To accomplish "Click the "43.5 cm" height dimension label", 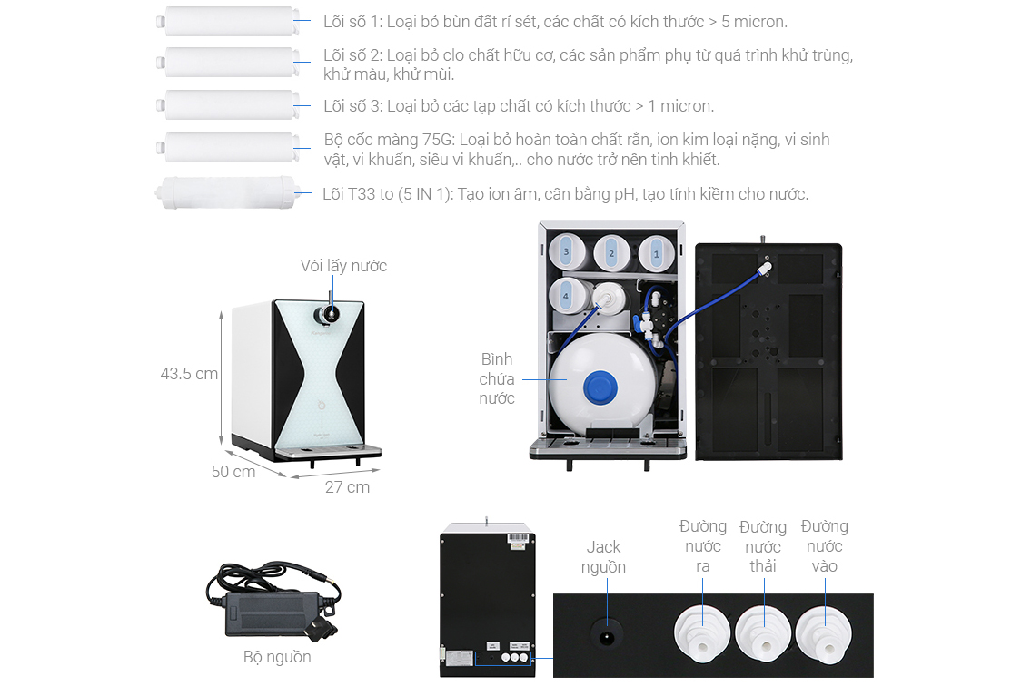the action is coord(189,374).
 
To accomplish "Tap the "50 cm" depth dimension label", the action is coord(233,472).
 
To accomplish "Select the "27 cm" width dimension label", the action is coord(347,487).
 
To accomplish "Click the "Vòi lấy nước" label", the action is coord(343,266).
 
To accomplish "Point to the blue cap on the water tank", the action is coord(600,387).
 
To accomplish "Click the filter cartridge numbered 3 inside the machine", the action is coord(566,252).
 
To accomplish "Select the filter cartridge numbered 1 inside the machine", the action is coord(656,254).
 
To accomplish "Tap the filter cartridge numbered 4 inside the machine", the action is coord(566,297).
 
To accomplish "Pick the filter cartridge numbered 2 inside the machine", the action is coord(611,254).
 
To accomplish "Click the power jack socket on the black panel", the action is coord(606,635).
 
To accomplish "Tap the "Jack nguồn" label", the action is coord(603,556).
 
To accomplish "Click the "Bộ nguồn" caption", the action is coord(277,656).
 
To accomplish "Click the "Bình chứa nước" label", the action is coord(497,378).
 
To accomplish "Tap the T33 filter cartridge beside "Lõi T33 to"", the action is coord(226,192).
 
